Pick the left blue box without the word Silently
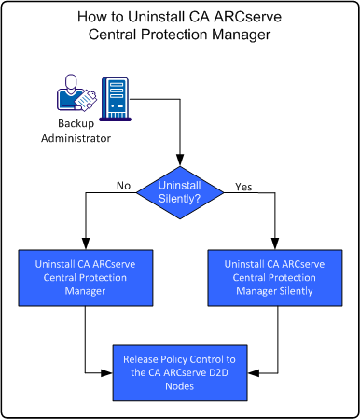(x=85, y=277)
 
